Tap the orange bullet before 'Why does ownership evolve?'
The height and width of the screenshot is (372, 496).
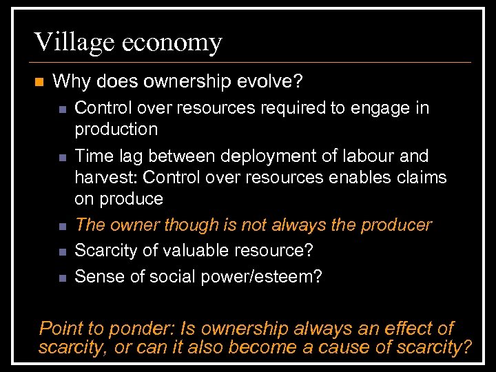pos(39,82)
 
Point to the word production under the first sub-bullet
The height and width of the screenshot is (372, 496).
pos(116,130)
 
